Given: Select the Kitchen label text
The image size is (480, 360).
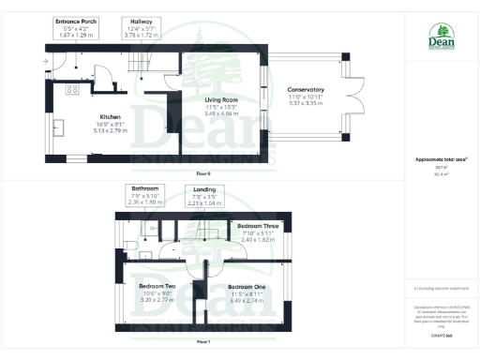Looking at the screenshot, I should point(112,117).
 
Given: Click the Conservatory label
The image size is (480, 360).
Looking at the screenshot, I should point(306,90).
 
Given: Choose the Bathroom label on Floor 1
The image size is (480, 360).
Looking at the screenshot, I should point(145,187).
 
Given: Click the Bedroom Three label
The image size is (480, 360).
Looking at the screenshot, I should point(256,227).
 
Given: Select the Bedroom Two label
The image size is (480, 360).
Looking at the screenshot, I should point(157,285).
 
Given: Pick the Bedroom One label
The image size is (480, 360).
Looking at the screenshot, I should point(247,285).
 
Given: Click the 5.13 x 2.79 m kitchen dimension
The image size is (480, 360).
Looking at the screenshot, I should point(112,130).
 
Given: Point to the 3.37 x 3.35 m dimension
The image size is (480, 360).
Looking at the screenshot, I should point(306,104).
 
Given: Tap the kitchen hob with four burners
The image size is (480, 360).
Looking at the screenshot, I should point(71,90).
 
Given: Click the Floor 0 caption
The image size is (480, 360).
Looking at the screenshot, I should point(203,173).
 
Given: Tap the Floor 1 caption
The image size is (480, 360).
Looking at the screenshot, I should point(203,342).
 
